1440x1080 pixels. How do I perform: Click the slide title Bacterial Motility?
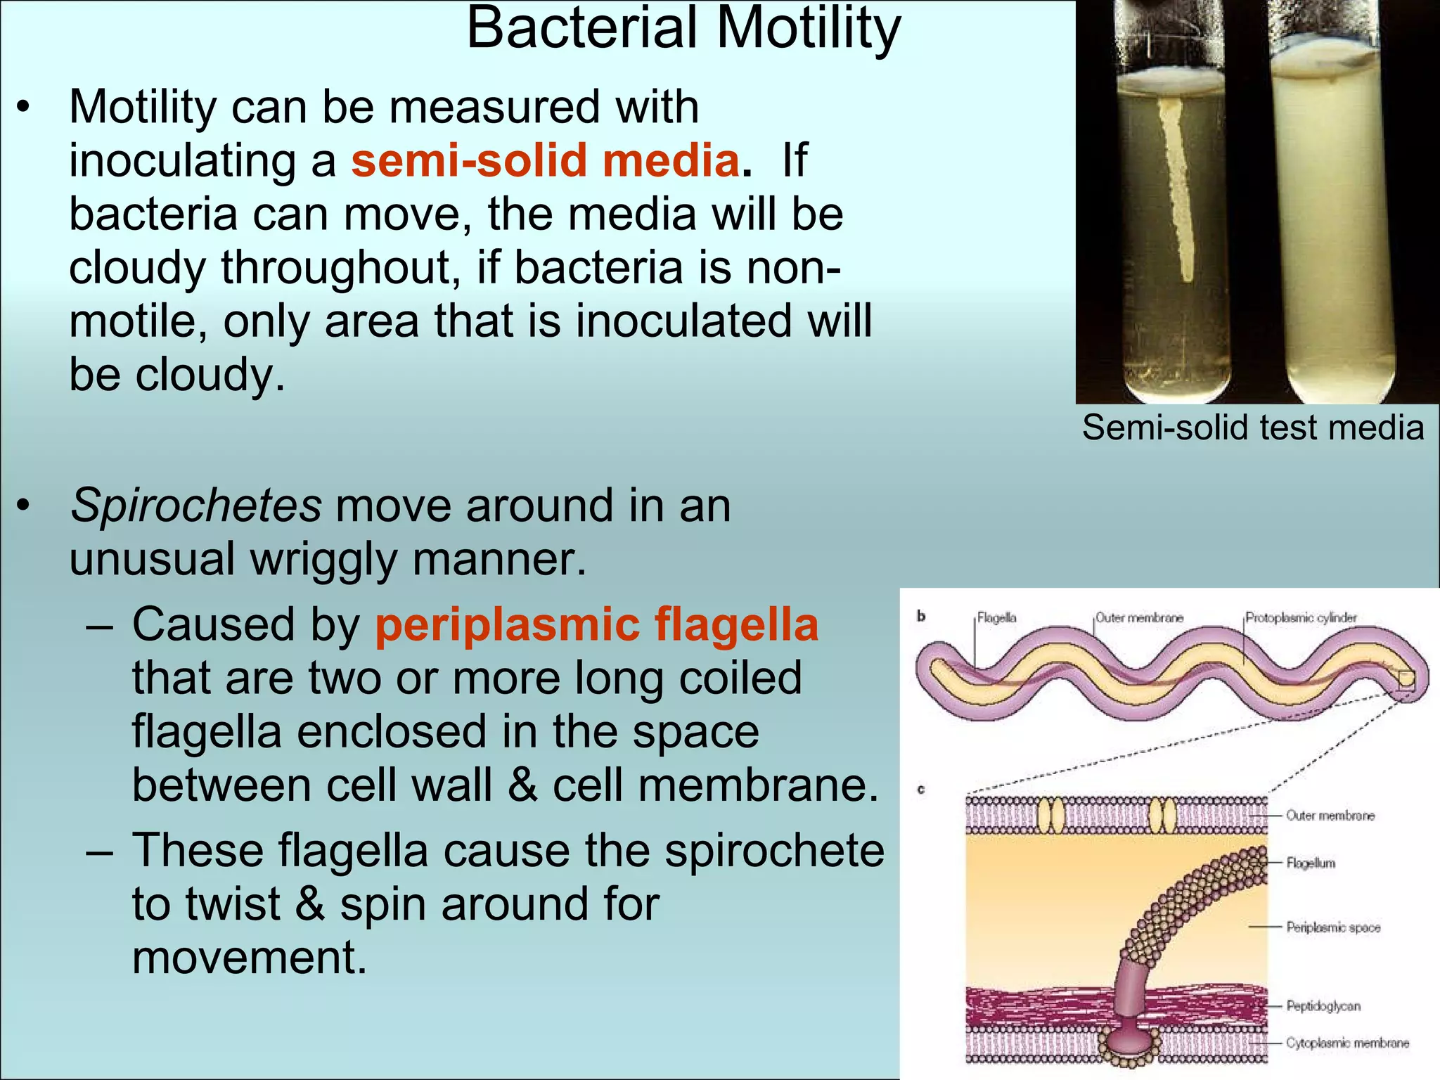683,30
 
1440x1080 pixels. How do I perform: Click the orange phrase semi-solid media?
545,160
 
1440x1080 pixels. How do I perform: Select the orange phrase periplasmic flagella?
596,624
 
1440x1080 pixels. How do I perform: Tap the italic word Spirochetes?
195,506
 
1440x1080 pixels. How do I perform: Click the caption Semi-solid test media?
1253,427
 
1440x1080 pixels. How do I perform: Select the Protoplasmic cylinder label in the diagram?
1301,618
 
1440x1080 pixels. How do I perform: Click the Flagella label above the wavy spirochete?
996,618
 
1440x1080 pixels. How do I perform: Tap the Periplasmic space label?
1333,927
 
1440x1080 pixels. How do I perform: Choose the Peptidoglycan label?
1323,1006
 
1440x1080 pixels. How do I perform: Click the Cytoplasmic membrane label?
1347,1043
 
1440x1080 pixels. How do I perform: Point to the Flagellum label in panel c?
1310,863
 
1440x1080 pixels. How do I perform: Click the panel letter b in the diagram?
921,617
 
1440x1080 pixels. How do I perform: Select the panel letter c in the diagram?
921,790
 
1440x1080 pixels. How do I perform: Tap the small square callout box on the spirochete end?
1406,681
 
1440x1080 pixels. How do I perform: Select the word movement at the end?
250,958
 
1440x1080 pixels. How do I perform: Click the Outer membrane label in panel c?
1330,816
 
